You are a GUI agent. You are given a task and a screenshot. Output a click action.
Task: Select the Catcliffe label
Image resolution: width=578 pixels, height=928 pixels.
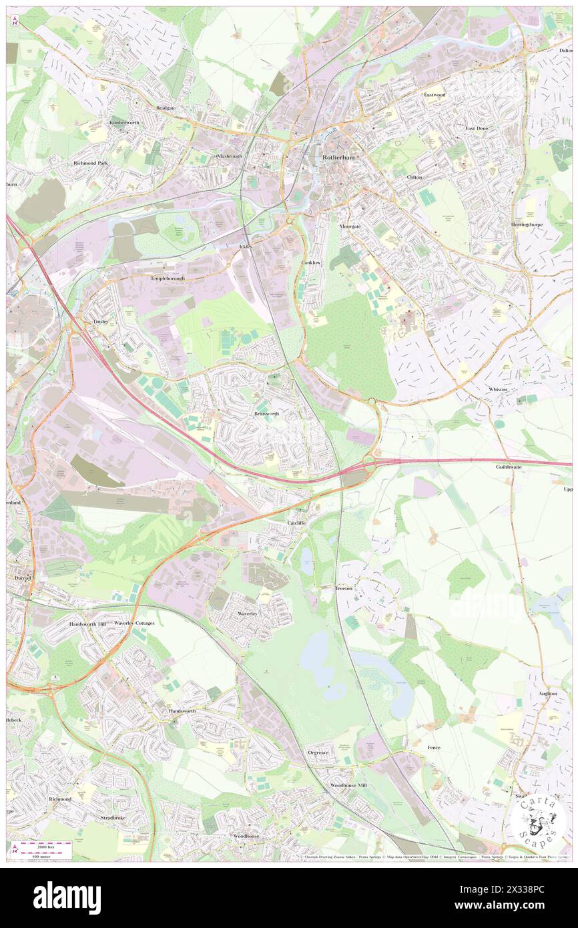click(x=296, y=522)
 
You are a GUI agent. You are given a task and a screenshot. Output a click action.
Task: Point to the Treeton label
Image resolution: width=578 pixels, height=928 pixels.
click(x=344, y=588)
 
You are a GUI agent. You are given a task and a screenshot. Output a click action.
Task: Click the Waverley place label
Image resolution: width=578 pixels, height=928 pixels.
click(x=247, y=612)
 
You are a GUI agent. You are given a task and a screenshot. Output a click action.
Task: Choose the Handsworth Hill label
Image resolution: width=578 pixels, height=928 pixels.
click(x=87, y=623)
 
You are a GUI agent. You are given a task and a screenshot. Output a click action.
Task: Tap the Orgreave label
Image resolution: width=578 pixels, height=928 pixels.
click(x=318, y=752)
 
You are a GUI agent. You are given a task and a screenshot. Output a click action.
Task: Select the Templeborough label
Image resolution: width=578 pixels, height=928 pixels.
click(x=168, y=278)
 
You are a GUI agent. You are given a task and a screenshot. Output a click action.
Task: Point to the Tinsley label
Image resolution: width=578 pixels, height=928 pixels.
click(x=99, y=321)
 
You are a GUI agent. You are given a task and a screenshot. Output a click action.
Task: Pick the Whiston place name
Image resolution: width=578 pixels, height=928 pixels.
click(x=497, y=389)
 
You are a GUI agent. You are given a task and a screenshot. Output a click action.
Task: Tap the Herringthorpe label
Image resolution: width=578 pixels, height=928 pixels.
click(x=527, y=224)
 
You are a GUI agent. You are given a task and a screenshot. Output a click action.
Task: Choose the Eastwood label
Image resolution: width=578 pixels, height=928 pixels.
click(x=434, y=95)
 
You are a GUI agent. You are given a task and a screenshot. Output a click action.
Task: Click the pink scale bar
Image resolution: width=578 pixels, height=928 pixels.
click(x=45, y=845)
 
